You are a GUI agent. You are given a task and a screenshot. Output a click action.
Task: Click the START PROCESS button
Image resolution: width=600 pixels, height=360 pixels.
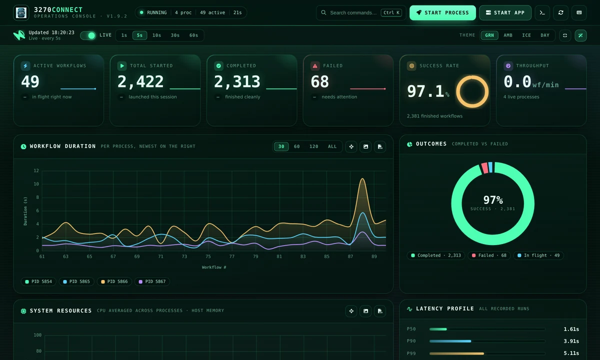click(442, 12)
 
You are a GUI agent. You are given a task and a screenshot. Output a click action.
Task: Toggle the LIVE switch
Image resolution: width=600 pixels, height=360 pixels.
click(88, 35)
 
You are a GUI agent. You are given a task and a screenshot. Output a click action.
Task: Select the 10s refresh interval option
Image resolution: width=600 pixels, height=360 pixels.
click(156, 35)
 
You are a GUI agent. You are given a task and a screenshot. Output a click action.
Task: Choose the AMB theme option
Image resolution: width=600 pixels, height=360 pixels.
click(508, 35)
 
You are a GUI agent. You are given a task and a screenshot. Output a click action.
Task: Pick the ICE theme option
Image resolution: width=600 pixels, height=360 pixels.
click(526, 35)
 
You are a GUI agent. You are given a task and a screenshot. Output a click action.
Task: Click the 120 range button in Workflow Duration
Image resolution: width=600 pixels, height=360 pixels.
click(313, 146)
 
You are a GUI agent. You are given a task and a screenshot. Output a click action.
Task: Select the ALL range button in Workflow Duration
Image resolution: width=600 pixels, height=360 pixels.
click(332, 146)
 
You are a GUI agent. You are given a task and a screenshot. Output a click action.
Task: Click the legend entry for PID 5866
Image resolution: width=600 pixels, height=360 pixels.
click(114, 281)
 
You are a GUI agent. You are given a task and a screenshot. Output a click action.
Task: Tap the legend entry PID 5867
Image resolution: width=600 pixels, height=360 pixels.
click(152, 281)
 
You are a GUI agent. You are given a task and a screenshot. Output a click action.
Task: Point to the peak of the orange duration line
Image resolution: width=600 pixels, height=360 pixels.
click(362, 178)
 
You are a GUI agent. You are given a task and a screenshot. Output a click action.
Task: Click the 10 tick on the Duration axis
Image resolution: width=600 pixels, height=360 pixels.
click(36, 184)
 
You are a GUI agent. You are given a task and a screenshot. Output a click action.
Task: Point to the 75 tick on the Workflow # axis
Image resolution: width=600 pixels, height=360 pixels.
click(208, 256)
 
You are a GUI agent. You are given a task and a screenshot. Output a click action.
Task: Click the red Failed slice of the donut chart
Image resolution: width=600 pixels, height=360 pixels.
click(484, 168)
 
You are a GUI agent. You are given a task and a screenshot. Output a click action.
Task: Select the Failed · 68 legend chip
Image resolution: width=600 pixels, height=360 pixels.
click(489, 255)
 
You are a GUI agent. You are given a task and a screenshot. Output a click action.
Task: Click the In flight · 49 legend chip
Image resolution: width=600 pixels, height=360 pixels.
click(538, 255)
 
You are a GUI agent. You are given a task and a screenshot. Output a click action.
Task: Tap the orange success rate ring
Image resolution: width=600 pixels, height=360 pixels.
click(472, 77)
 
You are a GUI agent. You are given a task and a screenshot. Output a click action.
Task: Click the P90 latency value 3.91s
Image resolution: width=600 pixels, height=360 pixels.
click(571, 341)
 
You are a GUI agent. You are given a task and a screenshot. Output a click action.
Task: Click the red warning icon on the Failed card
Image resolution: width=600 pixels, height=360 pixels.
click(315, 66)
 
